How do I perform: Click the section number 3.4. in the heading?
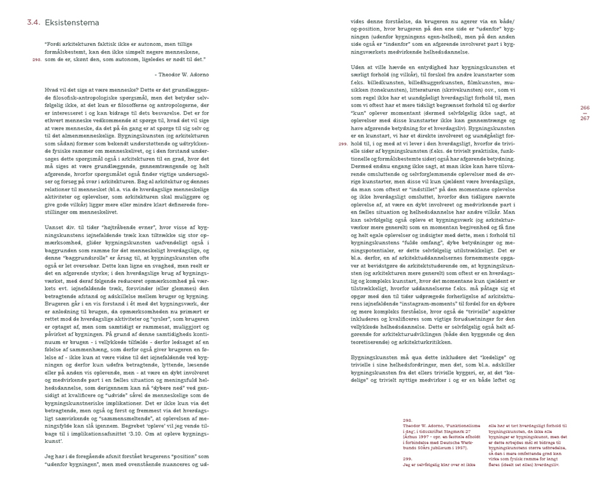click(34, 23)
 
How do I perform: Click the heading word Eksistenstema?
click(72, 23)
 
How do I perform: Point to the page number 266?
click(585, 108)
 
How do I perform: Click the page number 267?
click(585, 119)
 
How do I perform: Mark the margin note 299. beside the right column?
click(342, 145)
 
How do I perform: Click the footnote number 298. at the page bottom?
click(409, 421)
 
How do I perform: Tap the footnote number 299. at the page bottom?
click(409, 458)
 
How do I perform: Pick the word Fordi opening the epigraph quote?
click(54, 44)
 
